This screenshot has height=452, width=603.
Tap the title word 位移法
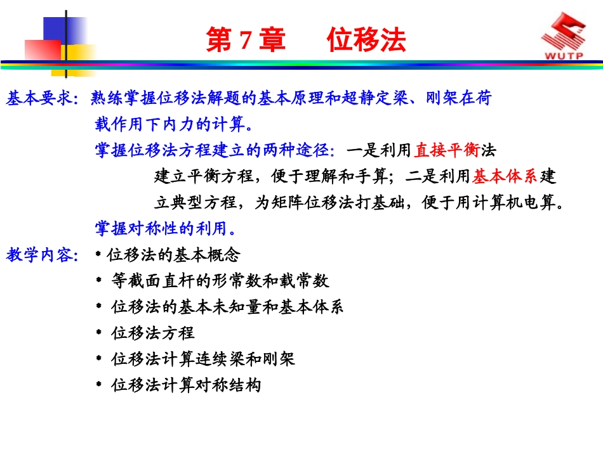coord(366,41)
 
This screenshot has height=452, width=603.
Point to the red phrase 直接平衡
coord(447,151)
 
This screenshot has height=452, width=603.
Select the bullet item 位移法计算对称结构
coord(186,385)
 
